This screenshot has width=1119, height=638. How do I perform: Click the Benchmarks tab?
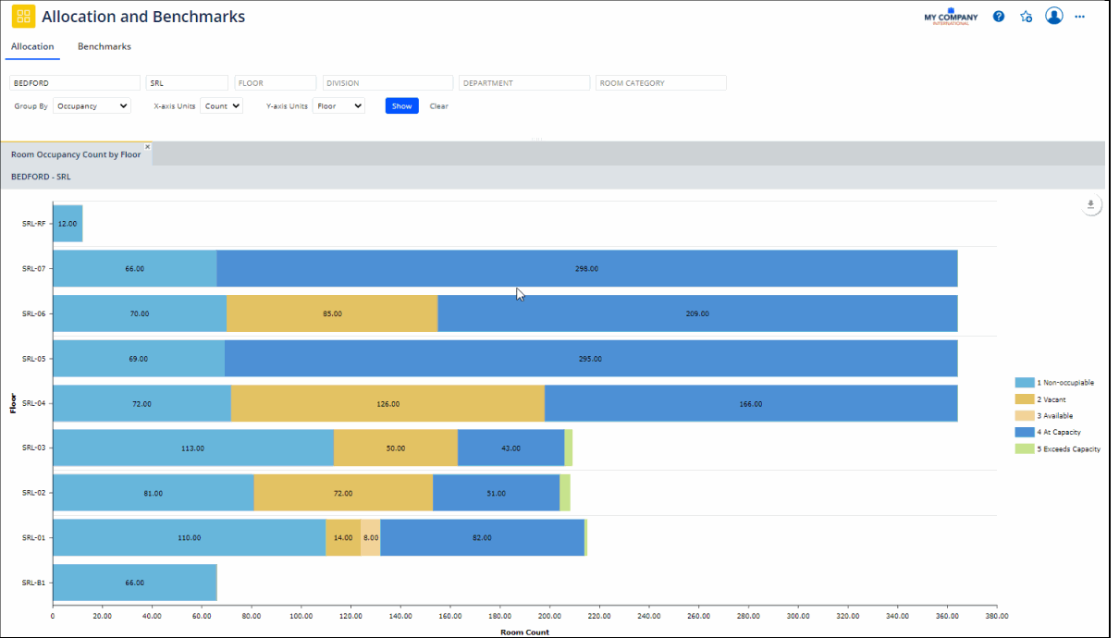104,46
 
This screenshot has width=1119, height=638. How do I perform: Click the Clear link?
438,106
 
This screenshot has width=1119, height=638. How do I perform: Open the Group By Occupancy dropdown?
92,106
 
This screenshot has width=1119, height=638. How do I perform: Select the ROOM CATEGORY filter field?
660,83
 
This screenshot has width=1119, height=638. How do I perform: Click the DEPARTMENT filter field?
523,83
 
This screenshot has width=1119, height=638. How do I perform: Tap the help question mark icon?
999,17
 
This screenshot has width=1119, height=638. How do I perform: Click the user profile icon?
1053,16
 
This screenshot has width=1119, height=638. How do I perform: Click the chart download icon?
1090,205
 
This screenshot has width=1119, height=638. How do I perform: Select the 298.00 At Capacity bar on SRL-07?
586,268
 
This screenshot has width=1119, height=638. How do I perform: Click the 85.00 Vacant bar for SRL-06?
332,313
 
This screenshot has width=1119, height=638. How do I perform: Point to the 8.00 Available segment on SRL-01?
370,537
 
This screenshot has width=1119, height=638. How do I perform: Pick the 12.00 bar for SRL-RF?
68,224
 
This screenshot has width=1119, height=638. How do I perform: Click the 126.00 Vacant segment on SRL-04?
387,403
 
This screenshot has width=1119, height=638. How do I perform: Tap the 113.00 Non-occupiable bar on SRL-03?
192,448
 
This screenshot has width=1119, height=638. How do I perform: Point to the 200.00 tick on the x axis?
549,616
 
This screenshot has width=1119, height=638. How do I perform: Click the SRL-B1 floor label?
33,583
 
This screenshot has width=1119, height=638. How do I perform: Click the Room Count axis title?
524,632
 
